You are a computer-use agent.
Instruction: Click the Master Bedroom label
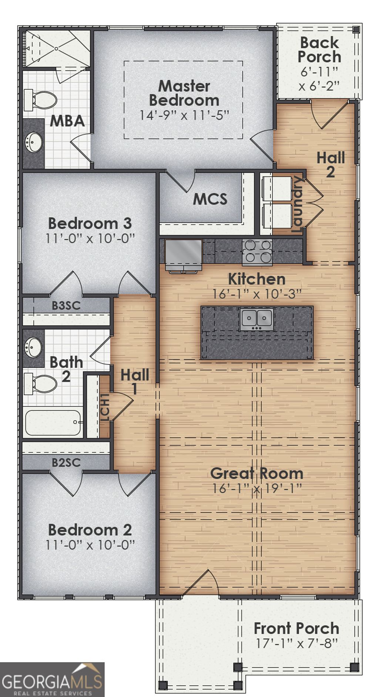(x=184, y=93)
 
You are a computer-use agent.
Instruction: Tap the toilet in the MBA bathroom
(x=40, y=100)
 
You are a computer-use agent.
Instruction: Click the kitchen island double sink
(x=256, y=319)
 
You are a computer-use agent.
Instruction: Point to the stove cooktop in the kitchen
(x=257, y=252)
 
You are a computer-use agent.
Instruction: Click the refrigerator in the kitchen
(x=184, y=255)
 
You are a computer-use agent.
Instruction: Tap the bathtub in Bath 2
(x=53, y=423)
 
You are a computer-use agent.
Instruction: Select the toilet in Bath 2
(x=40, y=384)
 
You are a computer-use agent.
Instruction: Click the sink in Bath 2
(x=33, y=348)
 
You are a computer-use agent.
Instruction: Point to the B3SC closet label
(x=66, y=306)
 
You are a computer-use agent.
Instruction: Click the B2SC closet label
(x=66, y=462)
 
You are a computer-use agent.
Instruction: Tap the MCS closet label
(x=210, y=199)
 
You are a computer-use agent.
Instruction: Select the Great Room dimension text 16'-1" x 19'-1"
(x=257, y=488)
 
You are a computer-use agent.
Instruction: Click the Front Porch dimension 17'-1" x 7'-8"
(x=296, y=643)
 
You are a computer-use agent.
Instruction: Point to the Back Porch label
(x=319, y=50)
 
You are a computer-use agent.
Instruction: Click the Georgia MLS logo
(x=52, y=679)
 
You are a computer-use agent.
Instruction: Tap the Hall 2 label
(x=331, y=165)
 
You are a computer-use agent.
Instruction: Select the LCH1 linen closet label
(x=105, y=407)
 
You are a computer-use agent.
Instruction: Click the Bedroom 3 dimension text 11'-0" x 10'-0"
(x=90, y=239)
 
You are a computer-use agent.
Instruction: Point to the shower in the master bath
(x=57, y=49)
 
